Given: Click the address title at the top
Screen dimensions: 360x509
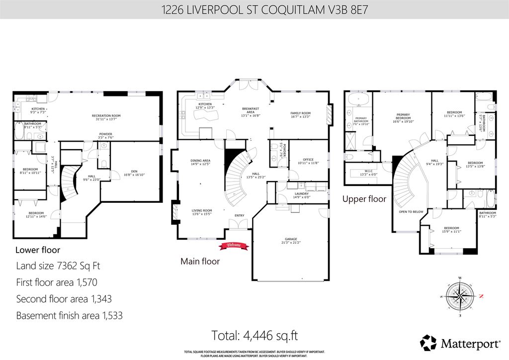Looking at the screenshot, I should click(x=254, y=9).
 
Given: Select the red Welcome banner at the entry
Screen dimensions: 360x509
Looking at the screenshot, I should click(x=234, y=245).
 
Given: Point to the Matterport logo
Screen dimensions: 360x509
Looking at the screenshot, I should click(x=457, y=342).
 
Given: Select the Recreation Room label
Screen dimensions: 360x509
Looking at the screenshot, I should click(x=106, y=116).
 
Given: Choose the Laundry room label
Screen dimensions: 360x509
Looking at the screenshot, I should click(x=301, y=194).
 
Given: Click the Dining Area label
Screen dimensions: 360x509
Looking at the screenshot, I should click(x=200, y=161).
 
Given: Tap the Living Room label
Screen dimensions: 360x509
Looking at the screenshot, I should click(x=202, y=210).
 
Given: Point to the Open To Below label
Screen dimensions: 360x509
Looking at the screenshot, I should click(x=411, y=212).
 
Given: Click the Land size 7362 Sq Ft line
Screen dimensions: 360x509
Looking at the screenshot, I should click(x=58, y=266).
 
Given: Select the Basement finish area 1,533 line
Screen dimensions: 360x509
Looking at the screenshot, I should click(x=69, y=315).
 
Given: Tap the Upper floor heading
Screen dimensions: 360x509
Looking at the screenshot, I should click(x=364, y=199).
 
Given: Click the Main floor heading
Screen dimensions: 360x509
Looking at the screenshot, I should click(x=200, y=261).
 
